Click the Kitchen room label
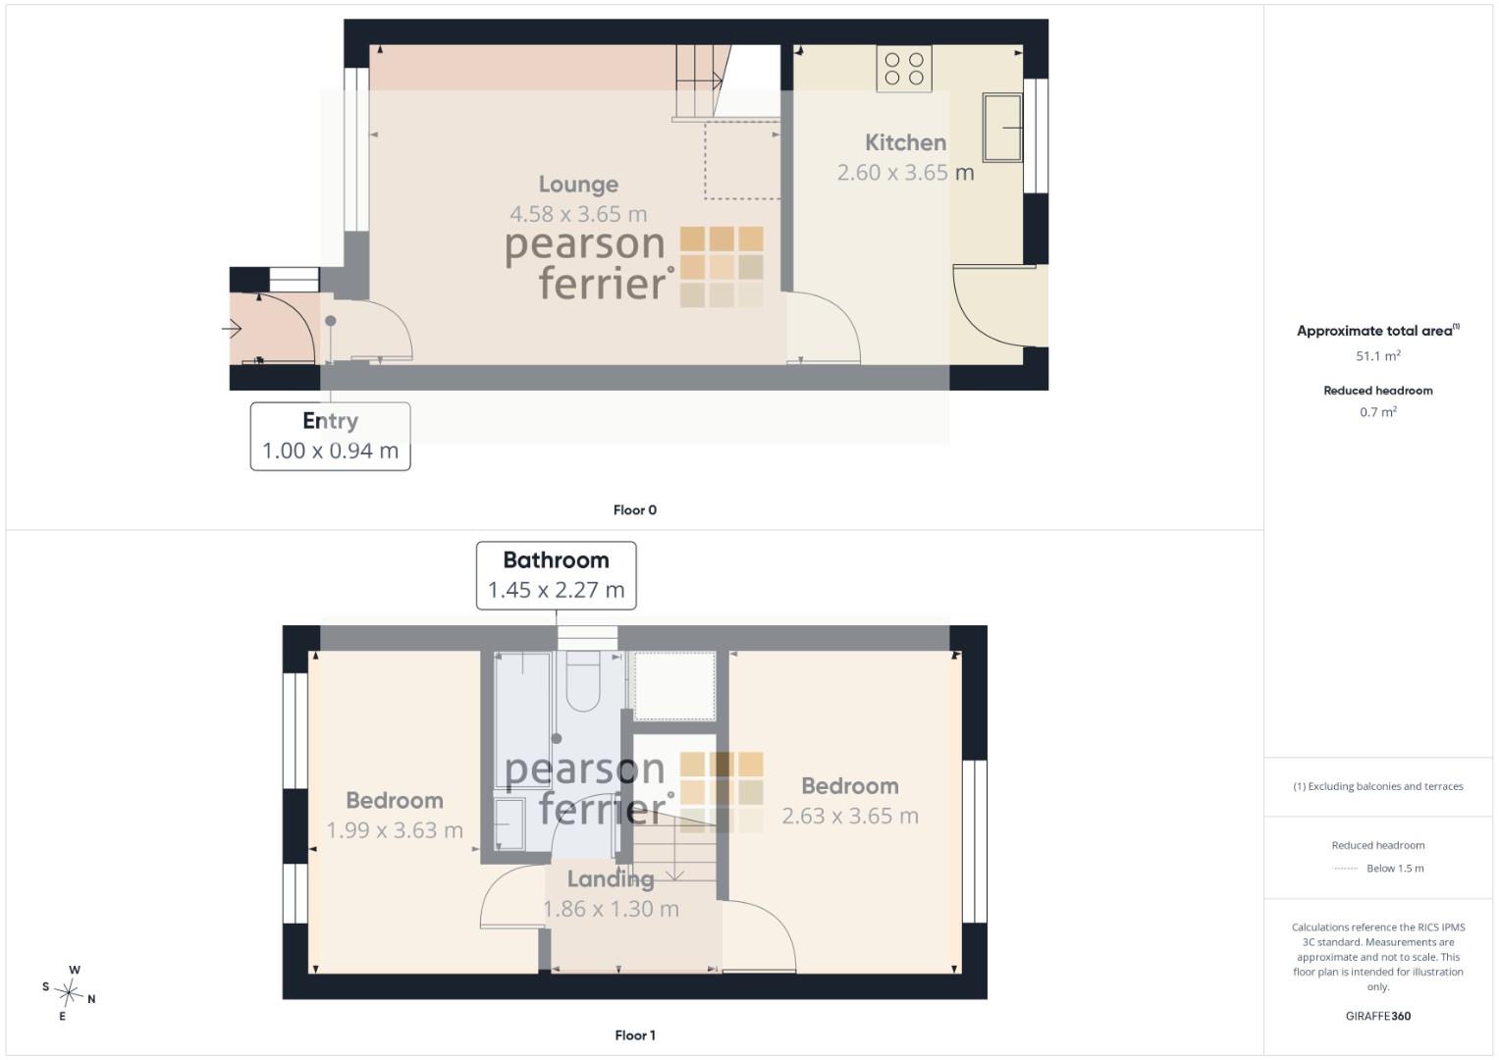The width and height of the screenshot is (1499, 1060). pyautogui.click(x=905, y=142)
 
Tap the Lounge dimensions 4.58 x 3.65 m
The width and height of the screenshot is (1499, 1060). pyautogui.click(x=578, y=214)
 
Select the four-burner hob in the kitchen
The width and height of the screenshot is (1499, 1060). pyautogui.click(x=903, y=69)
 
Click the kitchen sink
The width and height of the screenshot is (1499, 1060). pyautogui.click(x=1001, y=128)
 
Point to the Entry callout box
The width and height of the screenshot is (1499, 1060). pyautogui.click(x=330, y=437)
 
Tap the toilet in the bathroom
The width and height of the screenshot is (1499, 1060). pyautogui.click(x=583, y=680)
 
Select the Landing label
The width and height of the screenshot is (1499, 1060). pyautogui.click(x=611, y=878)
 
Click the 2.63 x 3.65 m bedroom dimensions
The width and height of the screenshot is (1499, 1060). pyautogui.click(x=850, y=816)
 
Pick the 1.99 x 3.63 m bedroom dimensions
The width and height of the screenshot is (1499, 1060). pyautogui.click(x=395, y=830)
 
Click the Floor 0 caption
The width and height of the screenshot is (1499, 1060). pyautogui.click(x=634, y=510)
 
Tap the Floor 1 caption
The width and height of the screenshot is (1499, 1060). pyautogui.click(x=634, y=1035)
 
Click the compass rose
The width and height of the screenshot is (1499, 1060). pyautogui.click(x=69, y=992)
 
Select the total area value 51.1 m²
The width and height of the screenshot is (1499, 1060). pyautogui.click(x=1378, y=355)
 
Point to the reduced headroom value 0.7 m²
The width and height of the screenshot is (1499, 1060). pyautogui.click(x=1378, y=411)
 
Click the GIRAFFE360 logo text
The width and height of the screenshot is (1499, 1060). pyautogui.click(x=1378, y=1016)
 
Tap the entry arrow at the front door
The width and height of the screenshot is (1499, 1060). pyautogui.click(x=232, y=329)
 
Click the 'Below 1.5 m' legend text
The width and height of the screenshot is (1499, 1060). pyautogui.click(x=1395, y=868)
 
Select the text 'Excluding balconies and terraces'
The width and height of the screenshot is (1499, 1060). pyautogui.click(x=1385, y=786)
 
